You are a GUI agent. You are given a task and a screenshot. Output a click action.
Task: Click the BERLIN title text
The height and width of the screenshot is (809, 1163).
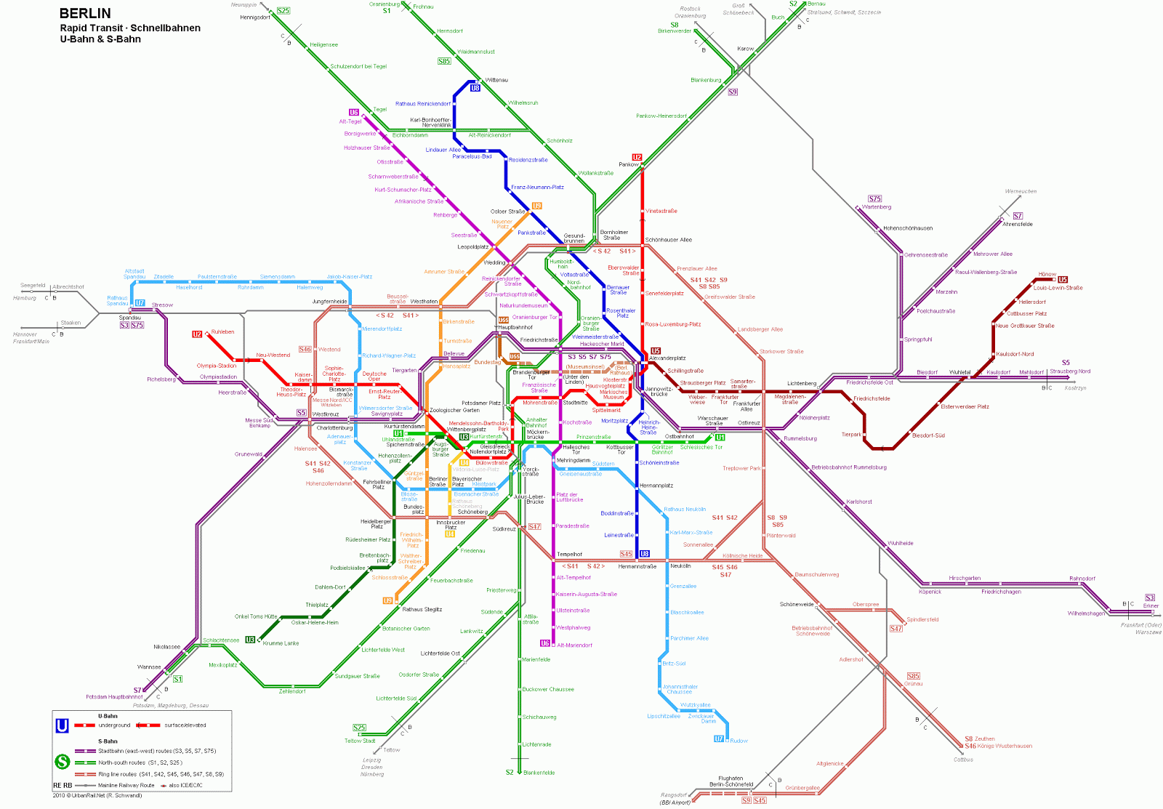(85, 13)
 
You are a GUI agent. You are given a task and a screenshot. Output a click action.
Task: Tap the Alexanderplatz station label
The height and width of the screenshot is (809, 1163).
(667, 358)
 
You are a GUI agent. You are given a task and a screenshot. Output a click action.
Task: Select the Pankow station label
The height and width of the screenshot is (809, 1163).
(628, 165)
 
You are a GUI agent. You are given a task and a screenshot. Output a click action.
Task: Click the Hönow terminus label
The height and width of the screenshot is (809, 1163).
(1047, 275)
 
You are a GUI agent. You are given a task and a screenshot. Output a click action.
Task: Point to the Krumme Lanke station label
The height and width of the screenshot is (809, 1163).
(281, 643)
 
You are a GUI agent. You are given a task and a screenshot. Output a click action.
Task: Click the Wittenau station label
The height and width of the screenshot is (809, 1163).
(496, 80)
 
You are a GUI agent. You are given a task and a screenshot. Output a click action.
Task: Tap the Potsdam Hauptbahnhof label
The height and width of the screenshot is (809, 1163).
(114, 697)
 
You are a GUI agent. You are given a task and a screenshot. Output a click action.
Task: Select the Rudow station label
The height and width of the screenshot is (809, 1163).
(739, 741)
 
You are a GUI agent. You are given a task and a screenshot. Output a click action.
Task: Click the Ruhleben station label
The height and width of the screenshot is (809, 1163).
(222, 332)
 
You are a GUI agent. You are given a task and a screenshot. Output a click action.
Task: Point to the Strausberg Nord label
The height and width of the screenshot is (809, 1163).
(1069, 371)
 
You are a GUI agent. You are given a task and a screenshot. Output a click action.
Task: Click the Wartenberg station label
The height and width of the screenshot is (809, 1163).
(876, 207)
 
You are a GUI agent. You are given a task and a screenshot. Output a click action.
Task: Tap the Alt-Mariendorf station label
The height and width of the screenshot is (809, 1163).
(574, 645)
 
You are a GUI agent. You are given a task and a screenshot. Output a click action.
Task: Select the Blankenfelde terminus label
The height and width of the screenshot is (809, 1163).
(539, 773)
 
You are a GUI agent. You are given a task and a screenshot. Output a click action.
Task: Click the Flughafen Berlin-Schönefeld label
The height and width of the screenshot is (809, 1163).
(731, 781)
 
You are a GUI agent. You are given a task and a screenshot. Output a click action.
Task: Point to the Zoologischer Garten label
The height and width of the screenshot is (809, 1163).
(454, 410)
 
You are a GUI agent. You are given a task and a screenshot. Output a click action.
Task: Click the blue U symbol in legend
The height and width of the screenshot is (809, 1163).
(63, 725)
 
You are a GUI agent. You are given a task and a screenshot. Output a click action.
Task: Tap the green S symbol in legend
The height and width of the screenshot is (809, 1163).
(63, 762)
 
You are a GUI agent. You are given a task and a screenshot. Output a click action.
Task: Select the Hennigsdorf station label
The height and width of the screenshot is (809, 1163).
(255, 17)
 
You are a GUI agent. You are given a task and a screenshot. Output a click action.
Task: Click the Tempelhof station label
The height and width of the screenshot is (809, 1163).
(569, 555)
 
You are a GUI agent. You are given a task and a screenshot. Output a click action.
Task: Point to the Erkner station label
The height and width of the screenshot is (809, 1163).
(1151, 605)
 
